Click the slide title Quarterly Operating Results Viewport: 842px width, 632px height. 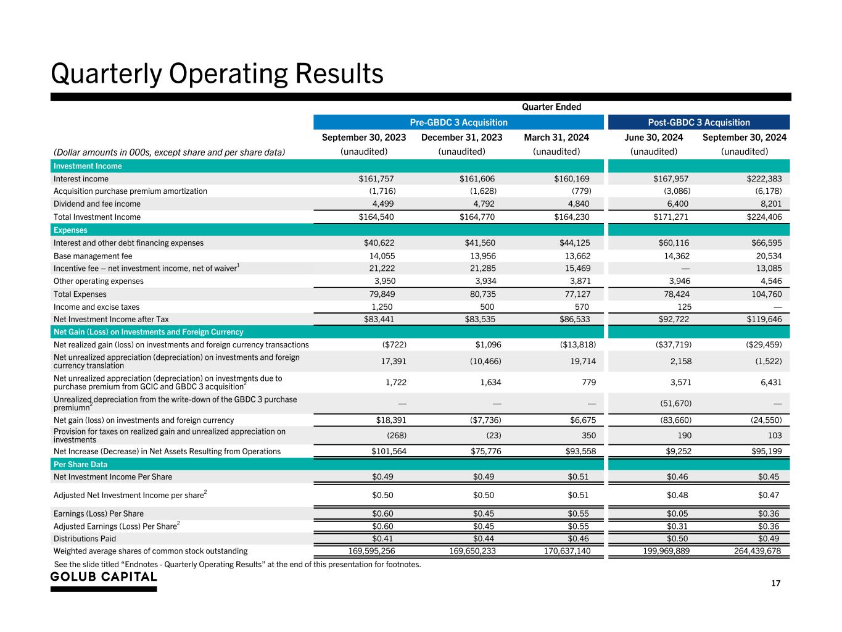point(217,73)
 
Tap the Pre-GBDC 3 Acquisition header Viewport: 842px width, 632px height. point(459,122)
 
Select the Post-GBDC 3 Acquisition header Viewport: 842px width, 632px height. point(699,122)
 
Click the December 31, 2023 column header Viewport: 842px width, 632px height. point(461,137)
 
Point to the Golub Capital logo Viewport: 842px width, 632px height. point(104,577)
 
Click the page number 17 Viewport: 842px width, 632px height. point(775,583)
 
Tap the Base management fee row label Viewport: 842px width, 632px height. point(93,256)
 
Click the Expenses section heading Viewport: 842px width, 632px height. point(70,230)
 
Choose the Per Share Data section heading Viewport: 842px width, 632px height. point(80,464)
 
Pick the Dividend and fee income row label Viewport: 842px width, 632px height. point(97,204)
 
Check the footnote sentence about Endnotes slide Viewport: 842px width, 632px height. point(237,563)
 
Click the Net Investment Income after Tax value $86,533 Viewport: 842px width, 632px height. point(572,319)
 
